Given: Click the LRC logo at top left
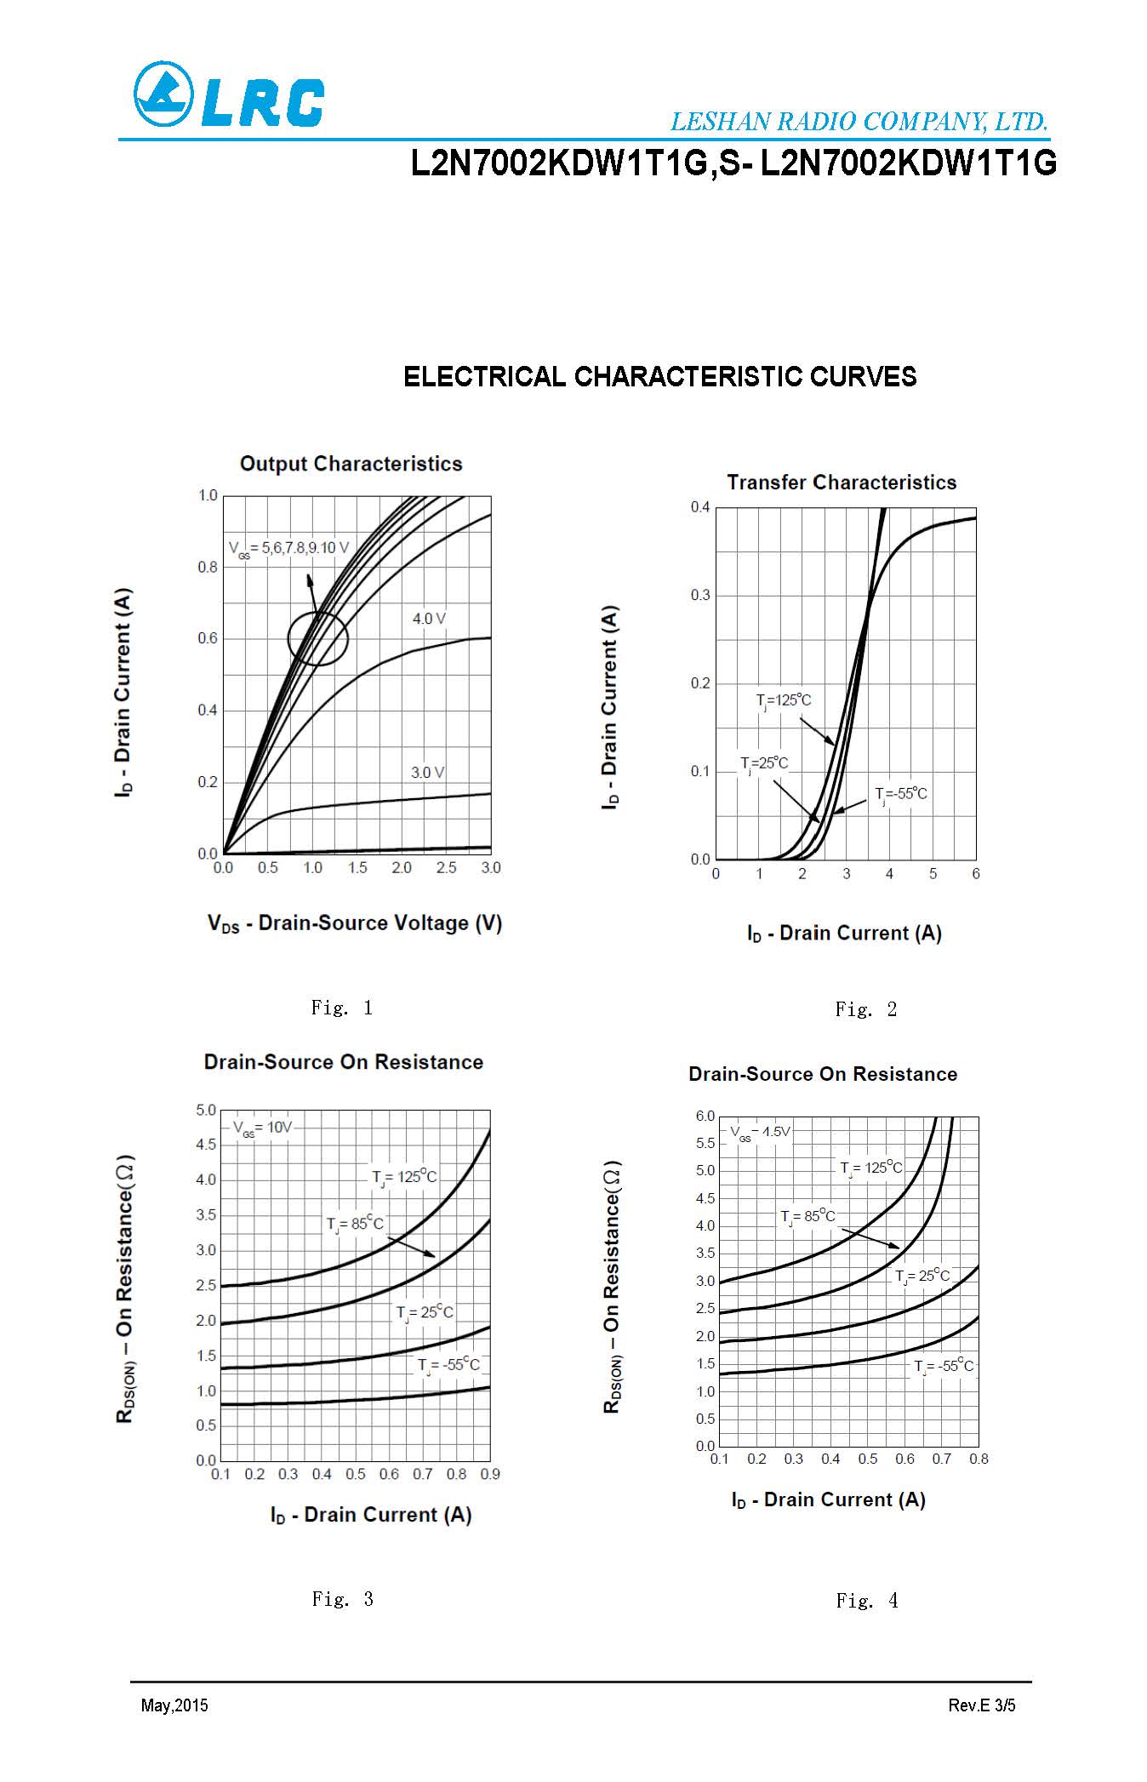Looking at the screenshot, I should (228, 95).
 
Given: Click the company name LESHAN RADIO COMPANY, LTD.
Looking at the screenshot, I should (859, 122).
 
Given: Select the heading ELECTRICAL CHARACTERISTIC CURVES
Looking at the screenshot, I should (659, 376).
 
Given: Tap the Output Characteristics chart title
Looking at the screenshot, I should (351, 464).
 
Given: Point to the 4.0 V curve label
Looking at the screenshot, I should (429, 619).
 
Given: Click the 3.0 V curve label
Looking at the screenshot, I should (427, 773).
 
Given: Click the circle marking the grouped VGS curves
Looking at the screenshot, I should (317, 638).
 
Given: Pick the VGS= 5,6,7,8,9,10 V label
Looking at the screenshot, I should (288, 548).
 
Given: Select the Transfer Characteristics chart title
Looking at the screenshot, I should (841, 483).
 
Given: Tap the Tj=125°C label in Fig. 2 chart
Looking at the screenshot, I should (784, 700).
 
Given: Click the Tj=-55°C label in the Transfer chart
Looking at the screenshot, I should (901, 794).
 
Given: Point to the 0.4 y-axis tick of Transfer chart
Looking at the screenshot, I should (699, 508).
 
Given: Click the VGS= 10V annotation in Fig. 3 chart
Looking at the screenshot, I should (262, 1128).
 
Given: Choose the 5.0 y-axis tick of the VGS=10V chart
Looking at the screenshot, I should (206, 1111).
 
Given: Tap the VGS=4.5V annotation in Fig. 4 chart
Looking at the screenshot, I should (760, 1132).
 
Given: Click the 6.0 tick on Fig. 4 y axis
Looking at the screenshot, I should (705, 1116).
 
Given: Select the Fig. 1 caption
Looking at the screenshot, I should (342, 1008).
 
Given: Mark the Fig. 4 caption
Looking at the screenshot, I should (866, 1601).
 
